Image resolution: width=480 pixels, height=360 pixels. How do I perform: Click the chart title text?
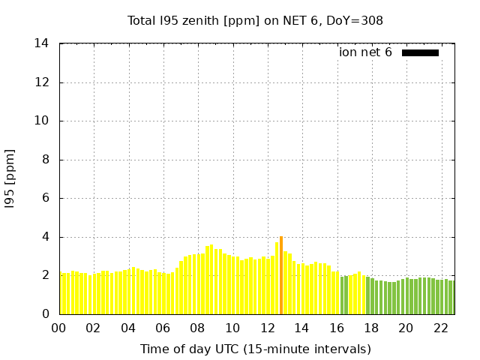pyautogui.click(x=255, y=20)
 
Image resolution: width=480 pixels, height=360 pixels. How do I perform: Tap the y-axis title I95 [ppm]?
pyautogui.click(x=10, y=178)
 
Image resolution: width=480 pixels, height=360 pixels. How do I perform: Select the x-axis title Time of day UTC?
pyautogui.click(x=255, y=349)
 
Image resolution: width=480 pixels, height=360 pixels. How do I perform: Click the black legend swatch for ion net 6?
pyautogui.click(x=420, y=52)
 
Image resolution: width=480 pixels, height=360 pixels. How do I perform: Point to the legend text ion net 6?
pyautogui.click(x=365, y=52)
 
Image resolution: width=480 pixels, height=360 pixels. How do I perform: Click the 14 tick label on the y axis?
pyautogui.click(x=42, y=43)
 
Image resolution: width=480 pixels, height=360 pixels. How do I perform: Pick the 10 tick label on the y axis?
pyautogui.click(x=42, y=121)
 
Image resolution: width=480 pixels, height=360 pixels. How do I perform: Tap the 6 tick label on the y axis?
pyautogui.click(x=46, y=198)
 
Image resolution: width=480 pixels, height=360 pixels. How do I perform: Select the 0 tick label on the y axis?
pyautogui.click(x=46, y=314)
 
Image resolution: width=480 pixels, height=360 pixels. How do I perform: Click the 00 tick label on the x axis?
pyautogui.click(x=59, y=328)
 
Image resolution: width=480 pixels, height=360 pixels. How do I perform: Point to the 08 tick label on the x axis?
pyautogui.click(x=198, y=328)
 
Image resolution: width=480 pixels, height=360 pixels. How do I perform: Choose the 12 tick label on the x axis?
pyautogui.click(x=268, y=328)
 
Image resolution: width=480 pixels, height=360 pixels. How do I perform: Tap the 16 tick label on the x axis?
pyautogui.click(x=337, y=328)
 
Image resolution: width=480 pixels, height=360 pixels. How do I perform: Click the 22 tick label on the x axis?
pyautogui.click(x=441, y=328)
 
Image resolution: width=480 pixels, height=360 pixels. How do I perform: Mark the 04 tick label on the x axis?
pyautogui.click(x=128, y=328)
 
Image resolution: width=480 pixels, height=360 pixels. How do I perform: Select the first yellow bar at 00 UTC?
pyautogui.click(x=63, y=294)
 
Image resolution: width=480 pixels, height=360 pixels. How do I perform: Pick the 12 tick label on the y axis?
pyautogui.click(x=42, y=82)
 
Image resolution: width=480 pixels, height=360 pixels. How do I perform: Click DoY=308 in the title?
pyautogui.click(x=354, y=20)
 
